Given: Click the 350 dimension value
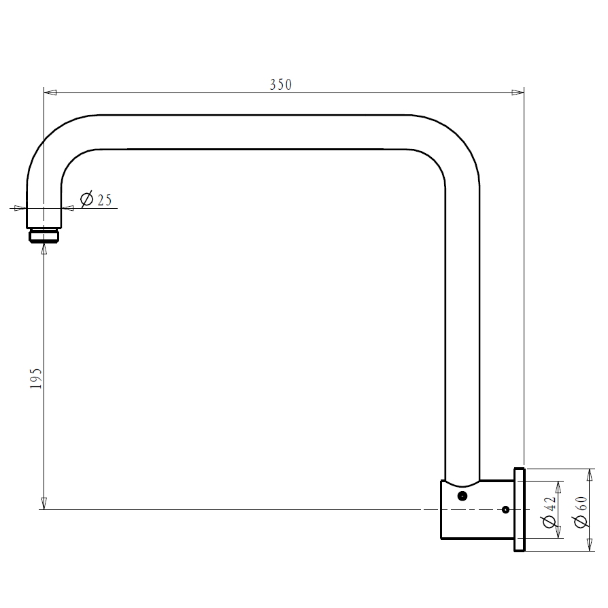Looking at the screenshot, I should pos(281,84).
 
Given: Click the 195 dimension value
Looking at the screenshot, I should pos(36,378).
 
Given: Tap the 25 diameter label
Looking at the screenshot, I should pos(104,200).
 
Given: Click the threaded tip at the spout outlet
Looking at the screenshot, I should pos(45,236).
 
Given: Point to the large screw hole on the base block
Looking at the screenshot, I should pos(462,496).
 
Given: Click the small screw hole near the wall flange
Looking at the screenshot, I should pos(505,509).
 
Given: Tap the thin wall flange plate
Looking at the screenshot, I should pos(519,509).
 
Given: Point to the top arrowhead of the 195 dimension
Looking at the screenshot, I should pos(44,249).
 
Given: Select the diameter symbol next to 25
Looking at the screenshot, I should pos(87,200).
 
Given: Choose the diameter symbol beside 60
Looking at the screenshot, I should pos(581,522).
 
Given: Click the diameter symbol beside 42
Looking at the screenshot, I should pos(550,522).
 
